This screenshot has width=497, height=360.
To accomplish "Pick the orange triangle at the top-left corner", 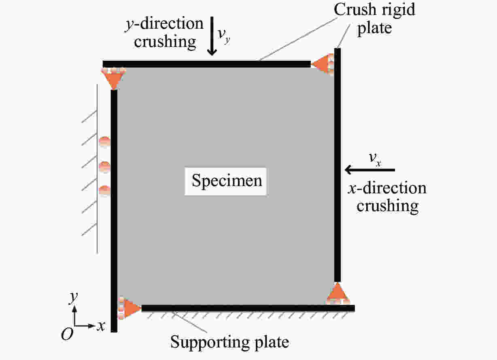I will pyautogui.click(x=113, y=79).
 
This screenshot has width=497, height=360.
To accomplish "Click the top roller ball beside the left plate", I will pyautogui.click(x=104, y=142).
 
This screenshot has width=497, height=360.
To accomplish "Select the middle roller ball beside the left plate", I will pyautogui.click(x=104, y=166).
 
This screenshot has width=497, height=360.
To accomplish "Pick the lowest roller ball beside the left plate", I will pyautogui.click(x=104, y=190).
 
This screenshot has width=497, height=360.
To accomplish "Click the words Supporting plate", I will pyautogui.click(x=229, y=342).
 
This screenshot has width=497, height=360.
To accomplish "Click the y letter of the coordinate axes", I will pyautogui.click(x=73, y=299).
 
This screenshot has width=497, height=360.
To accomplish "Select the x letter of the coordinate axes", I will pyautogui.click(x=101, y=326).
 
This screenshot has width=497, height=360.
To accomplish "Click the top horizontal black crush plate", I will pyautogui.click(x=206, y=64).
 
